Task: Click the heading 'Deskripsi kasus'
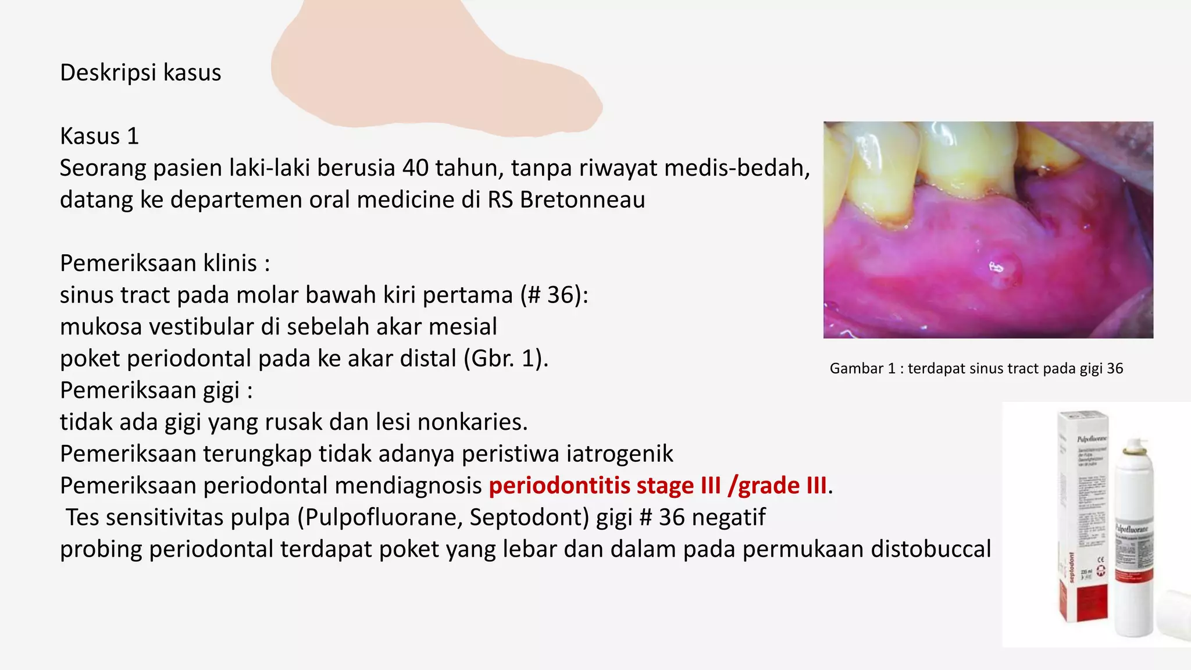point(140,73)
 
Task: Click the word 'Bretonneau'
point(582,199)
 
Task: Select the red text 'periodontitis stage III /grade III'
point(658,486)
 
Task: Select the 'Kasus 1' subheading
point(99,136)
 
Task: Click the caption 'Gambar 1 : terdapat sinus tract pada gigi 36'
point(976,369)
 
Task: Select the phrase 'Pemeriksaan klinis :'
point(165,263)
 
